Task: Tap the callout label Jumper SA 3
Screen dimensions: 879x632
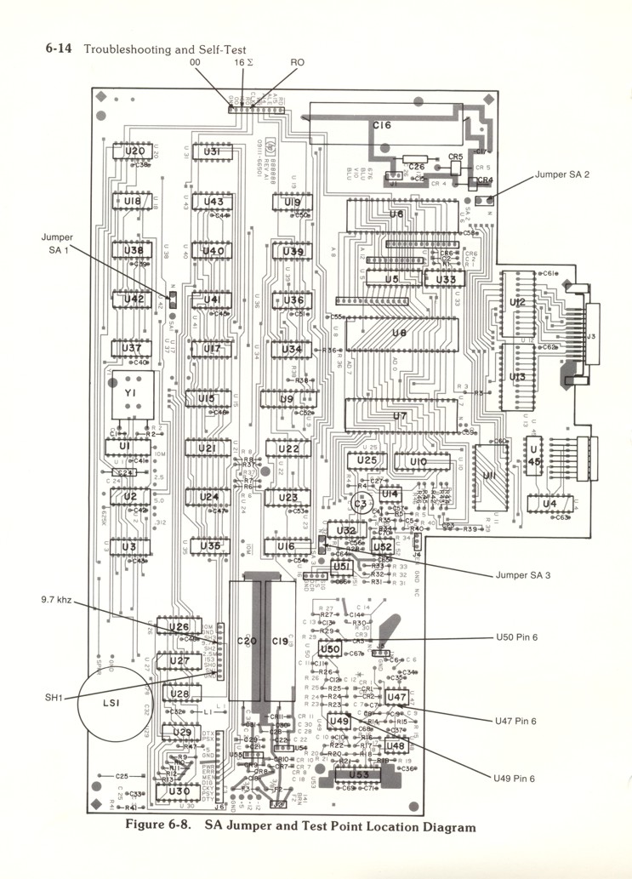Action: click(522, 575)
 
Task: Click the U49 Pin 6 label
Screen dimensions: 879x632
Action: click(515, 778)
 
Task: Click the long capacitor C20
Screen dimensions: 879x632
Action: click(247, 641)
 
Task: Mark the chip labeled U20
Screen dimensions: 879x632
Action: click(134, 151)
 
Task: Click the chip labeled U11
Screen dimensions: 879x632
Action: click(489, 476)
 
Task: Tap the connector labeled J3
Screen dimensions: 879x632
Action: click(589, 337)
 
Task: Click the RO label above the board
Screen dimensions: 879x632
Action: click(299, 63)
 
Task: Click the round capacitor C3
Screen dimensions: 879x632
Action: click(360, 504)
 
